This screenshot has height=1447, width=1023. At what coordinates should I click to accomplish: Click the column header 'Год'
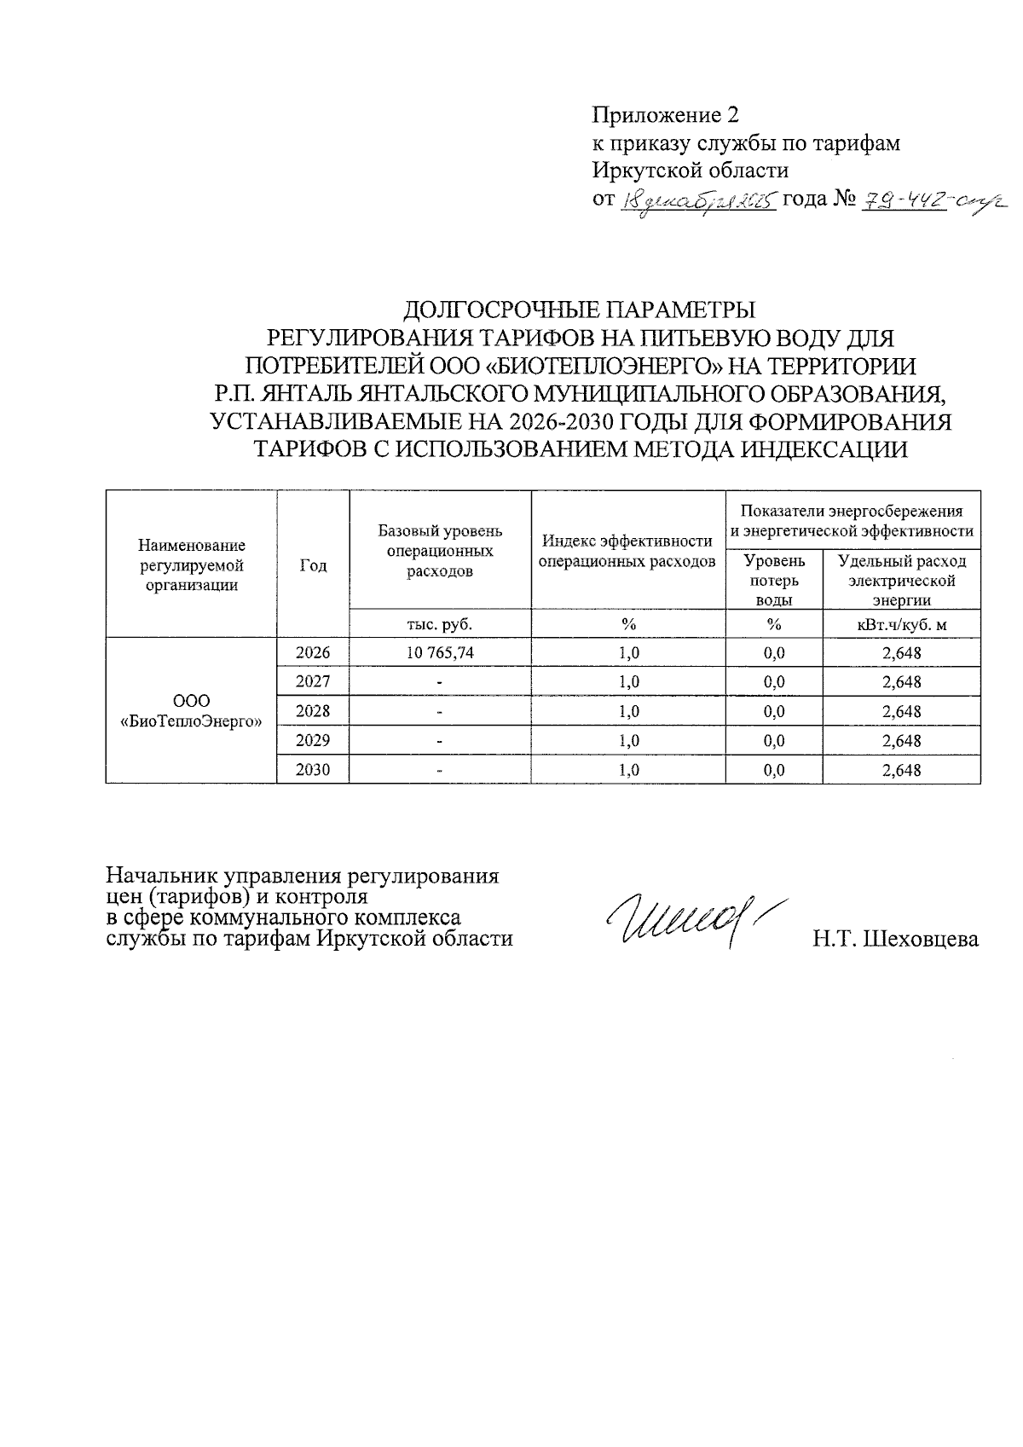click(x=313, y=565)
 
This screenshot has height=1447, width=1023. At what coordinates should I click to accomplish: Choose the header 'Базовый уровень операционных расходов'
click(x=440, y=551)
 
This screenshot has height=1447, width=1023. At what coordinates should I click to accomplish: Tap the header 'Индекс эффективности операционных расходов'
click(x=627, y=551)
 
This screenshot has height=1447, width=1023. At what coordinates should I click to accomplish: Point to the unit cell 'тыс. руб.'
click(x=440, y=624)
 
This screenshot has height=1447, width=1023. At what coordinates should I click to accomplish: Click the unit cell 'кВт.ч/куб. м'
click(x=901, y=624)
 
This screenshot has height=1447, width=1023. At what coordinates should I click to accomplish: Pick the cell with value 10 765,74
click(x=440, y=653)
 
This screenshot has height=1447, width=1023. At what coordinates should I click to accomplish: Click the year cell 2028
click(x=312, y=711)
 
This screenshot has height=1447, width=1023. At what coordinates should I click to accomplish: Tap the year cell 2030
click(x=312, y=770)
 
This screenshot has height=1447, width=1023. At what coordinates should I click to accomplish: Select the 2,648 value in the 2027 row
click(x=902, y=682)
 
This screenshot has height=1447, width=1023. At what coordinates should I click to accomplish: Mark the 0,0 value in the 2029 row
click(x=774, y=741)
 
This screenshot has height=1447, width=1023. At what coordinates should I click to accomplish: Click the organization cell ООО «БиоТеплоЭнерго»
click(x=191, y=711)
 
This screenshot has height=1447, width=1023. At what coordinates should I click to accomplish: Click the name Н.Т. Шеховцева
click(x=895, y=940)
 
